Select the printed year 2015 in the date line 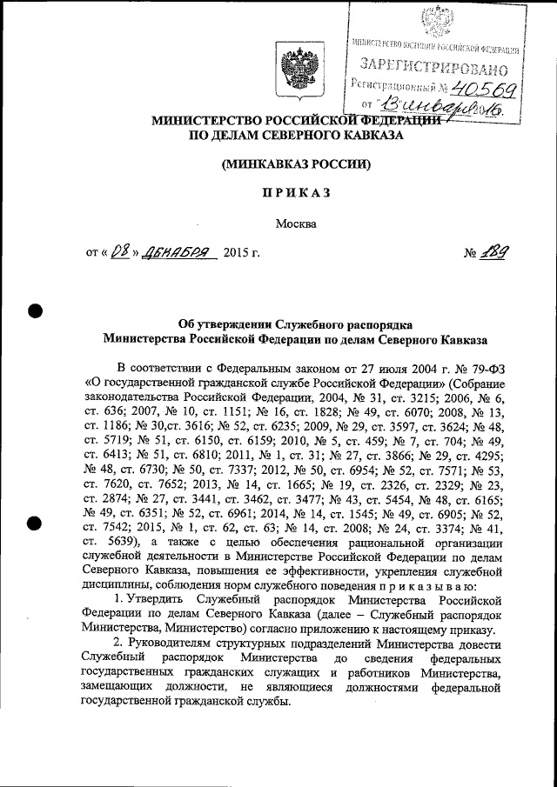tap(236, 255)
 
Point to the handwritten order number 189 tap(494, 253)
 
